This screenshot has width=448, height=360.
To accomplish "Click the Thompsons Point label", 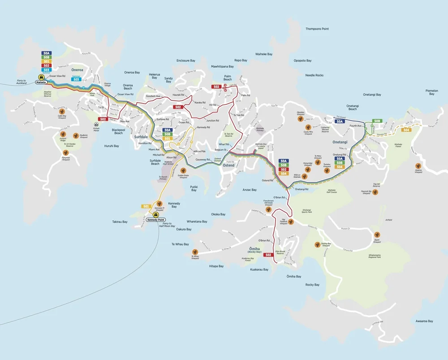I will pos(317,29).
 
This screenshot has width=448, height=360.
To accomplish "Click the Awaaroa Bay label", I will pos(424,321).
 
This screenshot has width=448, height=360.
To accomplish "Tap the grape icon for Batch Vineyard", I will pos(377,234).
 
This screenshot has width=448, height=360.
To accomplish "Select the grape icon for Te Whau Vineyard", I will pos(195,252).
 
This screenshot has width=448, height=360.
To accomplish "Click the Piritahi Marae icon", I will pos(96,125).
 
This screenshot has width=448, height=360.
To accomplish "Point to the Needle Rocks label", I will pos(314,75).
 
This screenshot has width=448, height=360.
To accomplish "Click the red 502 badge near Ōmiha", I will pos(268,255).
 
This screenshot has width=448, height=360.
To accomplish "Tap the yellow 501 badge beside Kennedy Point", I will pos(146,206).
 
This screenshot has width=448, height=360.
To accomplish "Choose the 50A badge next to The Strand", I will pos(340,121).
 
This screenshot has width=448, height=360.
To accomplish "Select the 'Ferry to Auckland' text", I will pos(19,82).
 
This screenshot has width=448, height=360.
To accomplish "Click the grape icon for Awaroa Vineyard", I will pos(418,165).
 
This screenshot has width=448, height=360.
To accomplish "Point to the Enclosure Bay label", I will pos(185,61).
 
